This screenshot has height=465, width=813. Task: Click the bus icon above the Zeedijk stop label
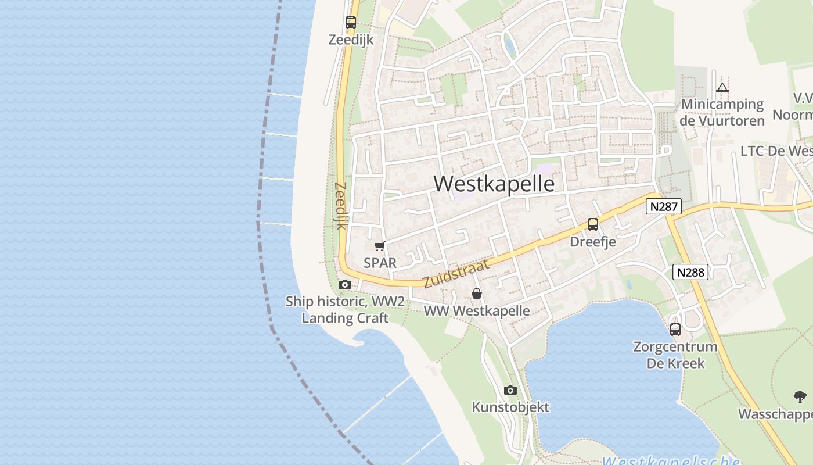pyautogui.click(x=351, y=23)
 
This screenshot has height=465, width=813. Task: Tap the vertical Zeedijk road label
pyautogui.click(x=340, y=206)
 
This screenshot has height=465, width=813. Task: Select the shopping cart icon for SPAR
pyautogui.click(x=380, y=246)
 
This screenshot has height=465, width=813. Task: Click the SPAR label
pyautogui.click(x=380, y=263)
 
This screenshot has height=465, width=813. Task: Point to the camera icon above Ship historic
pyautogui.click(x=345, y=284)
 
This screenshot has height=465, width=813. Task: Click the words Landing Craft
pyautogui.click(x=345, y=318)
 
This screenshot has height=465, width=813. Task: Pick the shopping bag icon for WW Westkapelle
pyautogui.click(x=477, y=294)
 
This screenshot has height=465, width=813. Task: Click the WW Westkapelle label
pyautogui.click(x=477, y=311)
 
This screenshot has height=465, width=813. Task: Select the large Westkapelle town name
pyautogui.click(x=494, y=184)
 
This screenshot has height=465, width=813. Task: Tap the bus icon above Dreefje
pyautogui.click(x=593, y=224)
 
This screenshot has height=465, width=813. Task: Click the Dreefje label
pyautogui.click(x=593, y=241)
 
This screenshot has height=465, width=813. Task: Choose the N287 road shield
pyautogui.click(x=663, y=206)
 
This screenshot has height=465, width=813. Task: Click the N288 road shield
pyautogui.click(x=691, y=271)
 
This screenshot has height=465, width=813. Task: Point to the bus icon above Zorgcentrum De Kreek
pyautogui.click(x=675, y=330)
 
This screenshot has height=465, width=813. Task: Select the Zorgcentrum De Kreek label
pyautogui.click(x=675, y=355)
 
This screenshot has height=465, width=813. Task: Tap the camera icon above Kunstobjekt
pyautogui.click(x=510, y=390)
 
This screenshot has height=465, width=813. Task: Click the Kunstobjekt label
pyautogui.click(x=510, y=407)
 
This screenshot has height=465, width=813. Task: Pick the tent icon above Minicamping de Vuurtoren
pyautogui.click(x=722, y=88)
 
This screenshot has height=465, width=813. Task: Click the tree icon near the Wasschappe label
pyautogui.click(x=800, y=398)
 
